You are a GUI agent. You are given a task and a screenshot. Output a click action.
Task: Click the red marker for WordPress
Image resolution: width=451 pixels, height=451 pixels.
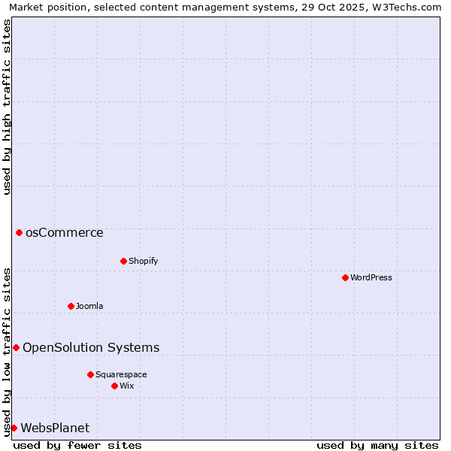coord(345,277)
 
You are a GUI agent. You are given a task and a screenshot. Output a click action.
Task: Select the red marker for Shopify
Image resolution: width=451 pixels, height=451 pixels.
coord(123,261)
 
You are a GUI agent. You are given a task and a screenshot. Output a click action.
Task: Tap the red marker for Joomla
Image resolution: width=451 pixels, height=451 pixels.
coord(71,306)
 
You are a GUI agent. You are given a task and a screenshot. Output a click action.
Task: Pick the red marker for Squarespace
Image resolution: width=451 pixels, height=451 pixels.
coord(90,374)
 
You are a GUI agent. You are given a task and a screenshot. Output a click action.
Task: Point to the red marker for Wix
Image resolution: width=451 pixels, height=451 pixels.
coord(114,386)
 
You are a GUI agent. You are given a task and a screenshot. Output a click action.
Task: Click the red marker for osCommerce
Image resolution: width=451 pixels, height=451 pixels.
coord(19,232)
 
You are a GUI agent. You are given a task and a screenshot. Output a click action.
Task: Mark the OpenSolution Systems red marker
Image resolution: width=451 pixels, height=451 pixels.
coord(16,347)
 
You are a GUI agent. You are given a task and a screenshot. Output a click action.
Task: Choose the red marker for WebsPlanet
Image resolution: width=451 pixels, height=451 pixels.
coord(14,428)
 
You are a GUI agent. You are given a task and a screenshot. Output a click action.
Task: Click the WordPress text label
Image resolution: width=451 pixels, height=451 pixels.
coord(371,277)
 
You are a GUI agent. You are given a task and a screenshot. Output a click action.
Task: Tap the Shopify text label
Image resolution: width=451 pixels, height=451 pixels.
coord(143,261)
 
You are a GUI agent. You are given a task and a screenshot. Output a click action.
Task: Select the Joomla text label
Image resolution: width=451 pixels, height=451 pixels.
coord(89,306)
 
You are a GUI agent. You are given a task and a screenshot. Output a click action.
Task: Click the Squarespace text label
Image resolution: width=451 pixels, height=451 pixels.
coord(121,374)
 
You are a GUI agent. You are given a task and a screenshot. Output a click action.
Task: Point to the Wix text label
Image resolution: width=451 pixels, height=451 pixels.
coord(126,386)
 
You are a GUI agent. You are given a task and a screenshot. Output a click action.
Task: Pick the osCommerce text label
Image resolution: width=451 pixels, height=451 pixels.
coord(65,232)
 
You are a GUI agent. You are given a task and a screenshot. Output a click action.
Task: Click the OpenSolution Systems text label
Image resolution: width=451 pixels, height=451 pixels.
coord(91,347)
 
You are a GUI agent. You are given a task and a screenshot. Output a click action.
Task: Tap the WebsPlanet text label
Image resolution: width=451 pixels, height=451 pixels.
coord(55,428)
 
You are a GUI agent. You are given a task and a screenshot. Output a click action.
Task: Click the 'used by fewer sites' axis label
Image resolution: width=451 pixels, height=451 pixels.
coord(77,445)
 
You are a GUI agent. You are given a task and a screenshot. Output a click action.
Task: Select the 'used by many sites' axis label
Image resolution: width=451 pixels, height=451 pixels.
coord(377,445)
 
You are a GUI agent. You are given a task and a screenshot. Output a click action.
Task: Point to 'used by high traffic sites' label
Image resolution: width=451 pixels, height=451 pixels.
coord(7,107)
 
